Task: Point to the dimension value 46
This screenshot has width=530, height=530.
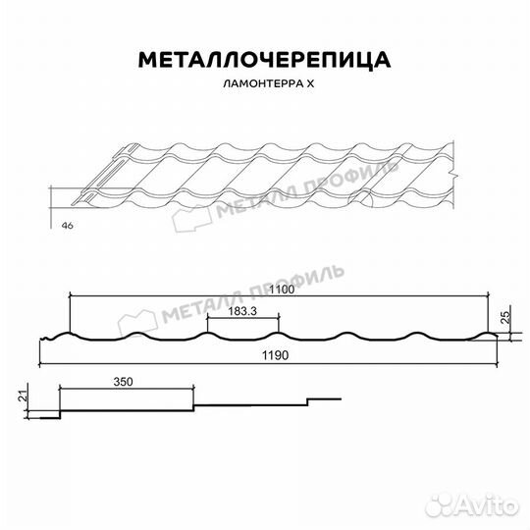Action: (x=67, y=226)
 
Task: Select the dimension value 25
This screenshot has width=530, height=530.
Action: (x=504, y=316)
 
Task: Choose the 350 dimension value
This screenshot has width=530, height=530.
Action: (x=123, y=380)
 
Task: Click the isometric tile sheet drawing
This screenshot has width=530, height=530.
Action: (x=265, y=177)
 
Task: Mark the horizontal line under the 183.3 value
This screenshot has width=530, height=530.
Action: (x=243, y=318)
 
